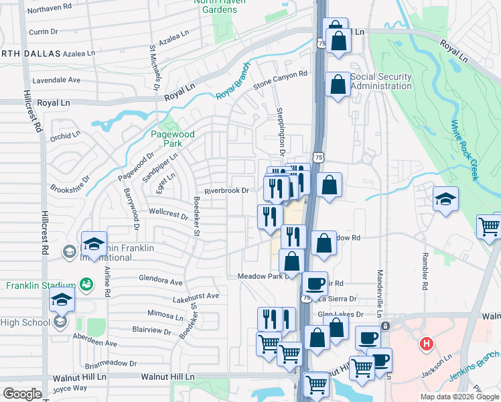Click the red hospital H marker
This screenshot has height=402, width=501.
(x=425, y=345)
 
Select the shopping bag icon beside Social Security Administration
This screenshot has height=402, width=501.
(x=338, y=85)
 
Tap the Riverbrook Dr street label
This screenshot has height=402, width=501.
(x=226, y=190)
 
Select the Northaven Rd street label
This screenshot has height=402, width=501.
(x=50, y=8)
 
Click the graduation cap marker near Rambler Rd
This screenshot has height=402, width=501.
(x=445, y=200)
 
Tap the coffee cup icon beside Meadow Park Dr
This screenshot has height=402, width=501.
(x=315, y=283)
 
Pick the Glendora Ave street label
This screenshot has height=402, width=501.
(x=160, y=279)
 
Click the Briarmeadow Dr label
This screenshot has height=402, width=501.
(x=111, y=364)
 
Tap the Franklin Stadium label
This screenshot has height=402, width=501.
(x=38, y=285)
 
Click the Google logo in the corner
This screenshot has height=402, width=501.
(x=22, y=393)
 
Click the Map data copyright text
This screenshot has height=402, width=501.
(x=459, y=397)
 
